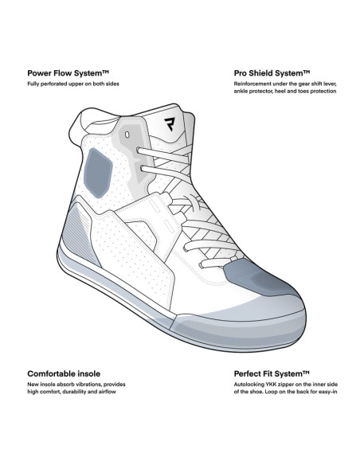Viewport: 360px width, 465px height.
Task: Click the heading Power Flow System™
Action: (68, 73)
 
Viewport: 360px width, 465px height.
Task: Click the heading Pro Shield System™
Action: (272, 73)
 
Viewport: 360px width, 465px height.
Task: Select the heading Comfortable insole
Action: (64, 373)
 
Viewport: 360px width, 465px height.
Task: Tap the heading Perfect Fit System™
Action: (272, 373)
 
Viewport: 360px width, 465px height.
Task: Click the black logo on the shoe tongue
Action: (170, 124)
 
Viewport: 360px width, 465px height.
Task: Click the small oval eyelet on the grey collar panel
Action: (127, 135)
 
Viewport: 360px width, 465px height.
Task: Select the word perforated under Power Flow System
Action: (54, 84)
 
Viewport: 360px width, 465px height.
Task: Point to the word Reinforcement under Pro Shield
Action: (248, 84)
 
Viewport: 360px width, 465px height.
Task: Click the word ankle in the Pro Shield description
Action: (241, 92)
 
